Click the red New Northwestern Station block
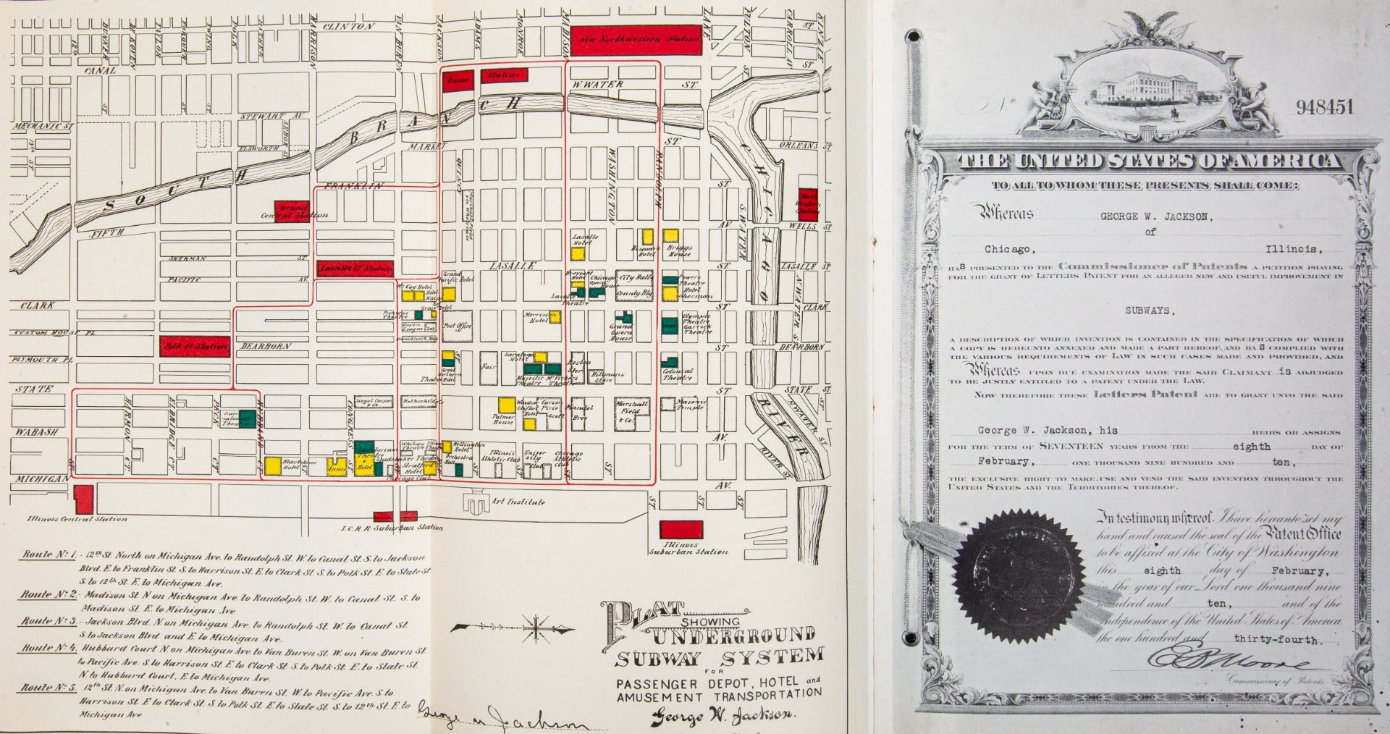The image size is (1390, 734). pos(636,41)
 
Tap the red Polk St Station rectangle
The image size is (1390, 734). pos(194,346)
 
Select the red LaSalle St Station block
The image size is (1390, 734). pos(355,269)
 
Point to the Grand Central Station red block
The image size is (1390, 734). pos(291,211)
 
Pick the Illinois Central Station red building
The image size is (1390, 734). pos(84,499)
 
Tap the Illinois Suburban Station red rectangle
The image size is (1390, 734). pos(681,530)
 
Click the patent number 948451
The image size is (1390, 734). pos(1324,108)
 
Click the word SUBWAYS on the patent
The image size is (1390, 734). pos(1147,310)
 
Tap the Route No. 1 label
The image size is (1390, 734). pos(49,554)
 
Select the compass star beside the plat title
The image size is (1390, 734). pos(534,627)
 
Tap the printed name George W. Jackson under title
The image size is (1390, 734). pos(722,716)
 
